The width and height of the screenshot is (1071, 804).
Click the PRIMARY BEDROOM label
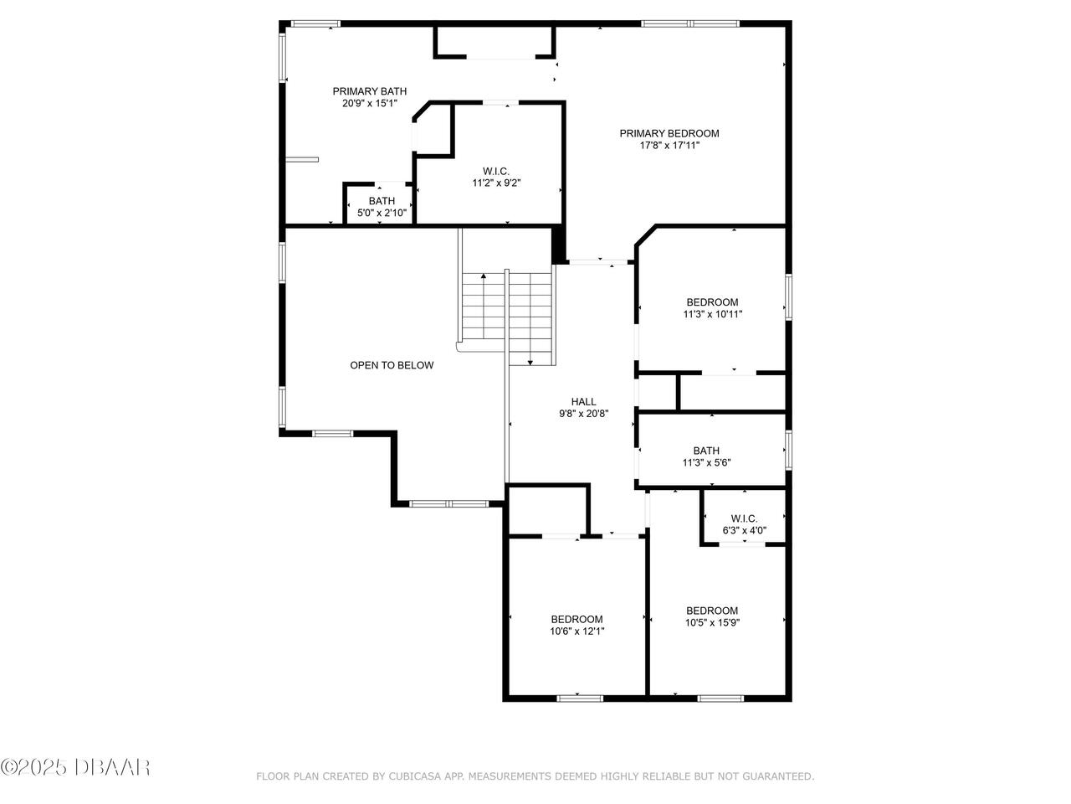coord(669,133)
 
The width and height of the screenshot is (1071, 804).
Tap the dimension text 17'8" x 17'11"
coord(669,146)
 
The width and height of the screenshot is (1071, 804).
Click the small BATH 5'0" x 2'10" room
coord(382,206)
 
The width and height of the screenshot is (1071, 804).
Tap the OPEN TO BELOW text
coord(392,365)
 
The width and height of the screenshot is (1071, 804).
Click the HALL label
coord(583,402)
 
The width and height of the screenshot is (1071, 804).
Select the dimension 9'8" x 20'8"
coord(583,414)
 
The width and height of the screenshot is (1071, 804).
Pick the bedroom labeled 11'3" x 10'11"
coord(712,308)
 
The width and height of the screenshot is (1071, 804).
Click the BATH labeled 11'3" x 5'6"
coord(711,456)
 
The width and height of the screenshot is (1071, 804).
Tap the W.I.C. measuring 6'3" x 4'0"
coord(744,524)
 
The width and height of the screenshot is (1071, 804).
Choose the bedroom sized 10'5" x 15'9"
coord(712,616)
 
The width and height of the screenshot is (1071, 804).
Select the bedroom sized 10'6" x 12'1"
coord(576,626)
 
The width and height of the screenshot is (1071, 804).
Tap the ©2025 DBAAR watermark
coord(75,766)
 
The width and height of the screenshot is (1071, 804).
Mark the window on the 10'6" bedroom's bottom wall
coord(580,697)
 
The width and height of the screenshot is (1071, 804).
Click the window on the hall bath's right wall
coord(788,449)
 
